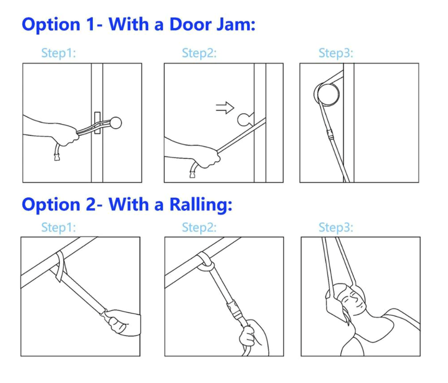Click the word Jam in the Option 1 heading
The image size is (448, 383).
(236, 24)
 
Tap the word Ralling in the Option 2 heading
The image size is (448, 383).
(201, 205)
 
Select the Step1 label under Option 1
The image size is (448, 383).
(58, 53)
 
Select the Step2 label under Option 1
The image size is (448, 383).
(199, 53)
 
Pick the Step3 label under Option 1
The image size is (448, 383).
(336, 53)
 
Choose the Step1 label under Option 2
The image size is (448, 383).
(58, 227)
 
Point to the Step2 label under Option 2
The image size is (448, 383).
(199, 227)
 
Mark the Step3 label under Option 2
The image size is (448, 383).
(336, 227)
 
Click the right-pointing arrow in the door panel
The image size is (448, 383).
(225, 108)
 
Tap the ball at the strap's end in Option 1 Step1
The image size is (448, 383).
(116, 123)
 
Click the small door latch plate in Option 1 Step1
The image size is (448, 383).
(97, 123)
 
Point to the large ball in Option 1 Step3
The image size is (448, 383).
(328, 94)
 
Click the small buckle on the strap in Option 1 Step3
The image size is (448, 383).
(330, 134)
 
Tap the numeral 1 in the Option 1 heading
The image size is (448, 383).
(90, 24)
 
